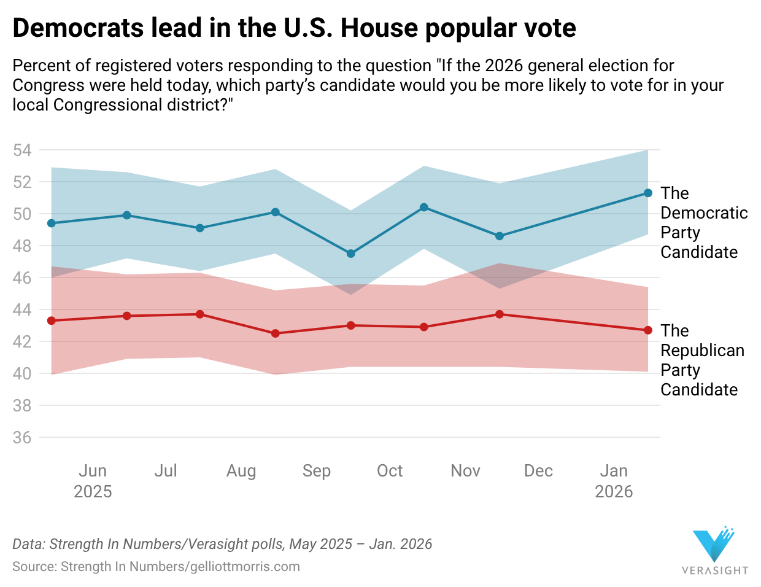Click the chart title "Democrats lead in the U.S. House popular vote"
coord(294,28)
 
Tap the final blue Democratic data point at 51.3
coord(647,193)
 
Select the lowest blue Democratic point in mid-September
coord(350,254)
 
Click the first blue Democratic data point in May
coord(52,223)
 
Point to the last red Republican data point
coord(647,330)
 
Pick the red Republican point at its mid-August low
coord(275,333)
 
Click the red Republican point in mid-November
coord(499,314)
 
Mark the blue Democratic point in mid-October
coord(423,208)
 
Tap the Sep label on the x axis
coord(316,471)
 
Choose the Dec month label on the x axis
coord(538,471)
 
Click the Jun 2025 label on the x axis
coord(93,481)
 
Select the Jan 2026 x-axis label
coord(614,481)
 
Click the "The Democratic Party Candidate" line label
coord(704,222)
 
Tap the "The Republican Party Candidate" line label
coord(702,360)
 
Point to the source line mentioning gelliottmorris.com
coord(156,567)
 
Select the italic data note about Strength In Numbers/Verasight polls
coord(222,544)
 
